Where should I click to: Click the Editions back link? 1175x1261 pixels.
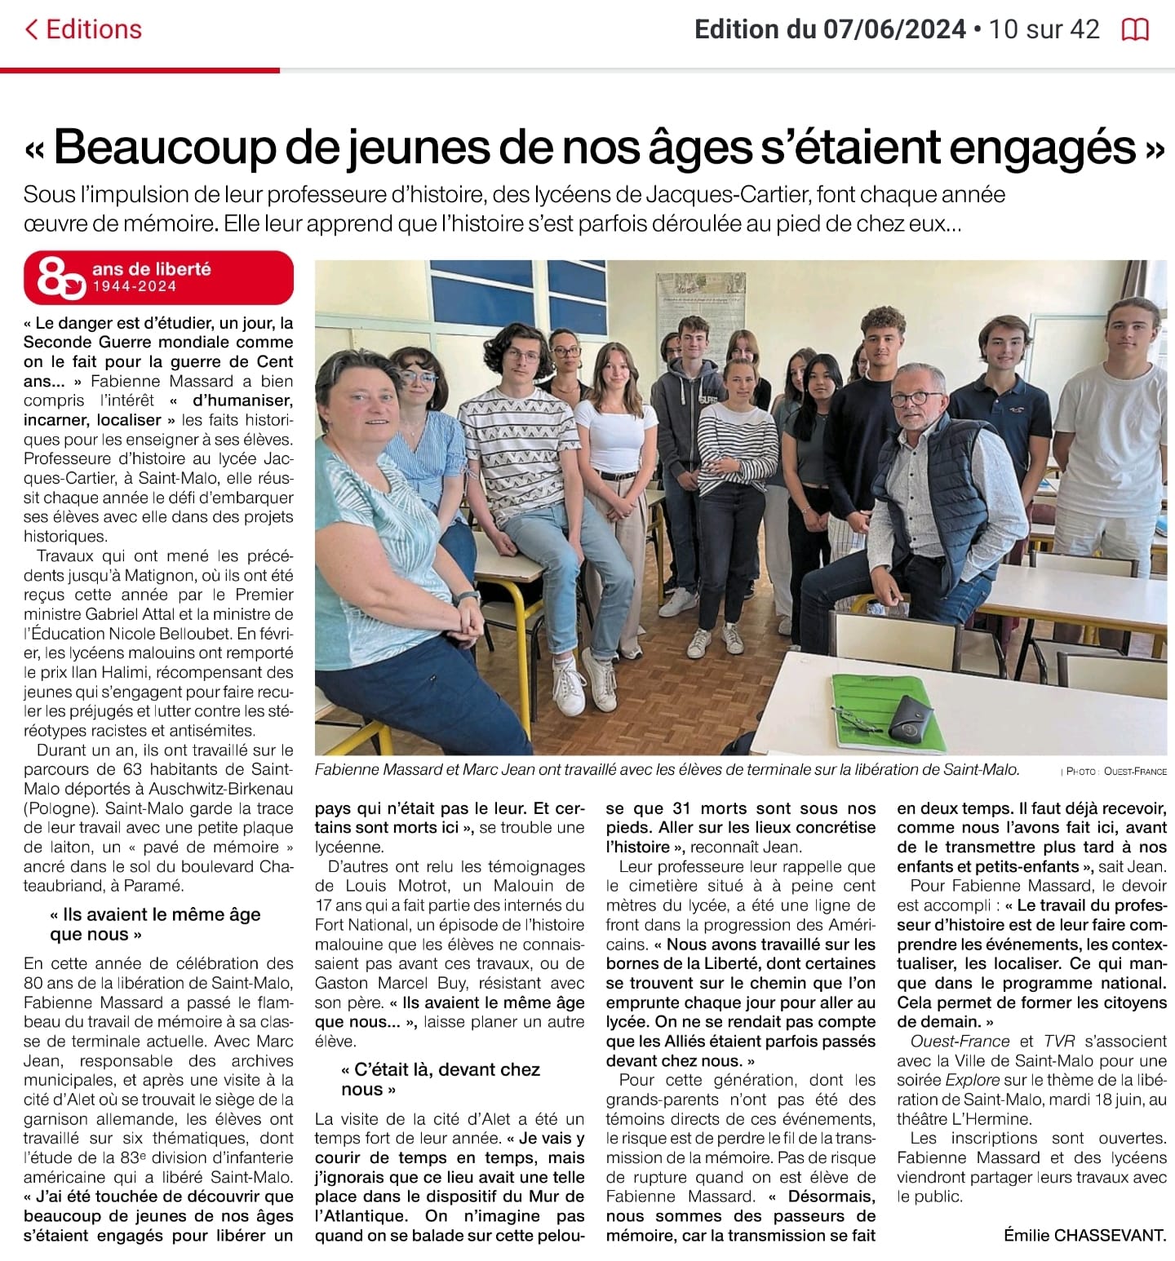(x=84, y=29)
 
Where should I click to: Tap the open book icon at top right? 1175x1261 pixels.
(x=1135, y=30)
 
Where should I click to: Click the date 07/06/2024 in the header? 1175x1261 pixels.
(x=894, y=30)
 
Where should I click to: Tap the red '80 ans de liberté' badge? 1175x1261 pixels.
(x=158, y=277)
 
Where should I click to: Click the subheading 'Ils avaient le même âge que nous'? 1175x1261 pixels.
(x=155, y=924)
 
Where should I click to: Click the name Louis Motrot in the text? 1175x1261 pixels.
(x=387, y=886)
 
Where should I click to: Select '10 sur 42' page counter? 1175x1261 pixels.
(x=1044, y=30)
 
